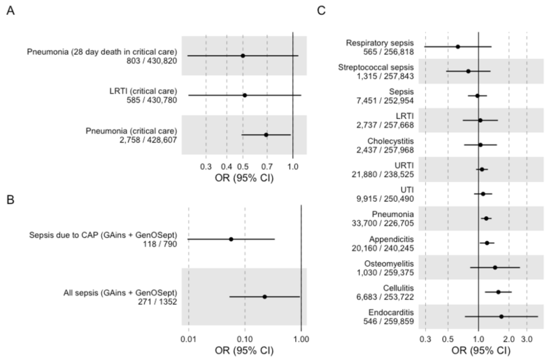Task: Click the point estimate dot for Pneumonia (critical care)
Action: coord(266,134)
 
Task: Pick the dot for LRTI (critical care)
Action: coord(245,95)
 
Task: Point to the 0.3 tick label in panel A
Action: coord(205,167)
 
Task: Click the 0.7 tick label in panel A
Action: coord(266,167)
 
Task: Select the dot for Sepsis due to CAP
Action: coord(231,239)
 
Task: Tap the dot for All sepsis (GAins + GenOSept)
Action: coord(265,297)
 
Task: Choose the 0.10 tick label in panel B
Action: coord(245,339)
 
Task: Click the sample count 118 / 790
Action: coord(160,244)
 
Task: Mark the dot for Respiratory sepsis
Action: coord(458,47)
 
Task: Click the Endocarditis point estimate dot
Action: coord(501,317)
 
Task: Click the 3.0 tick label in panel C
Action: coord(526,339)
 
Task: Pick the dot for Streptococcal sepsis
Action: coord(468,71)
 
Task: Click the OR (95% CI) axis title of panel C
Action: coord(481,351)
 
